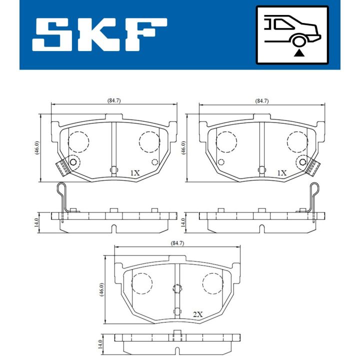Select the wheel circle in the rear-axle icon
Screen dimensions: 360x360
299,41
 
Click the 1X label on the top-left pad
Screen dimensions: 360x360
134,173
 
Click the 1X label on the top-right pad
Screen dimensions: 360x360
282,173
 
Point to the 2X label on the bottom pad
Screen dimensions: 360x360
198,314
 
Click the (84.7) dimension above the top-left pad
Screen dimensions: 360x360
114,100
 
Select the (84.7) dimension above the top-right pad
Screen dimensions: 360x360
261,100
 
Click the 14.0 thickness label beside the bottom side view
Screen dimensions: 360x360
100,344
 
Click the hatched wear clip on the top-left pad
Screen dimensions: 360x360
62,166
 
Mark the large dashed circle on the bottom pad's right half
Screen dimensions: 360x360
212,283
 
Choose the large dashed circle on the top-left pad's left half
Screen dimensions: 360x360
77,142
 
